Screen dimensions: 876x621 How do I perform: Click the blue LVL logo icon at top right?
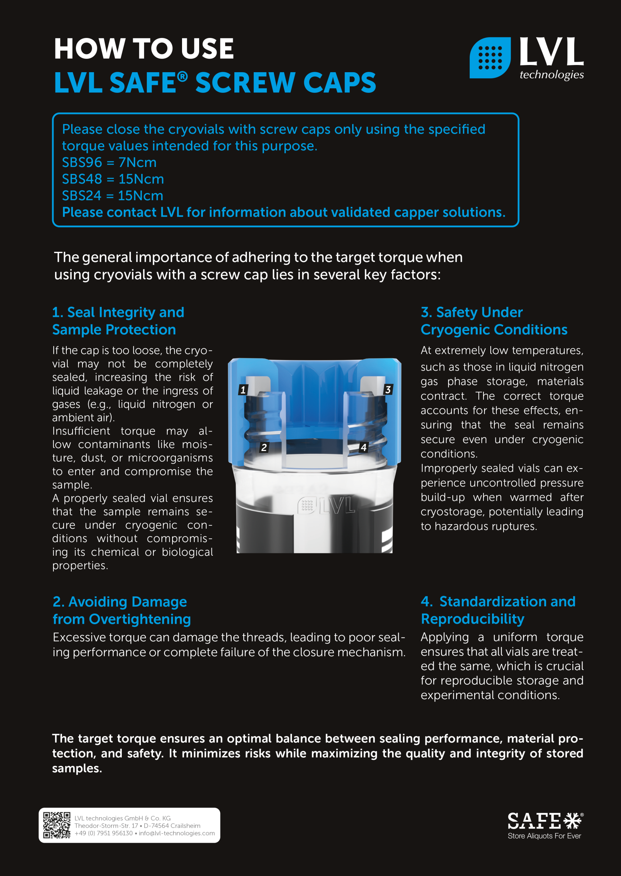490,58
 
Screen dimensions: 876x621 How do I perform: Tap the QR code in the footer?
56,825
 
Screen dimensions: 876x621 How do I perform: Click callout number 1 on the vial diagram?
243,390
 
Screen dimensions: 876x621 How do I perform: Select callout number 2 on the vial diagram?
263,447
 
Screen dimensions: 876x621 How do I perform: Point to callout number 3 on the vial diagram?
388,390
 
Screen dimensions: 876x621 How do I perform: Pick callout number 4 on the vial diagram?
363,447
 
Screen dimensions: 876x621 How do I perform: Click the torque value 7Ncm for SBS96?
137,163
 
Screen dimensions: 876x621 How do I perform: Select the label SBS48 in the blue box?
82,179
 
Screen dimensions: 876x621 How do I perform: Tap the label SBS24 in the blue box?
81,196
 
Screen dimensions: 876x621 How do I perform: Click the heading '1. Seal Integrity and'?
118,312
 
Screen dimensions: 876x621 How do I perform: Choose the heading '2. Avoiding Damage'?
120,602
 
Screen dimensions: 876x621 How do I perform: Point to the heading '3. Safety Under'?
471,312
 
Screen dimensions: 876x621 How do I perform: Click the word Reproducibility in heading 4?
472,619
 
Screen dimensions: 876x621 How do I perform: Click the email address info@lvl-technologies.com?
177,833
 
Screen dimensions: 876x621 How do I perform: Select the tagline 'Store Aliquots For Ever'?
544,836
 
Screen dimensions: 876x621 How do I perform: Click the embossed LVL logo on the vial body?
326,505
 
